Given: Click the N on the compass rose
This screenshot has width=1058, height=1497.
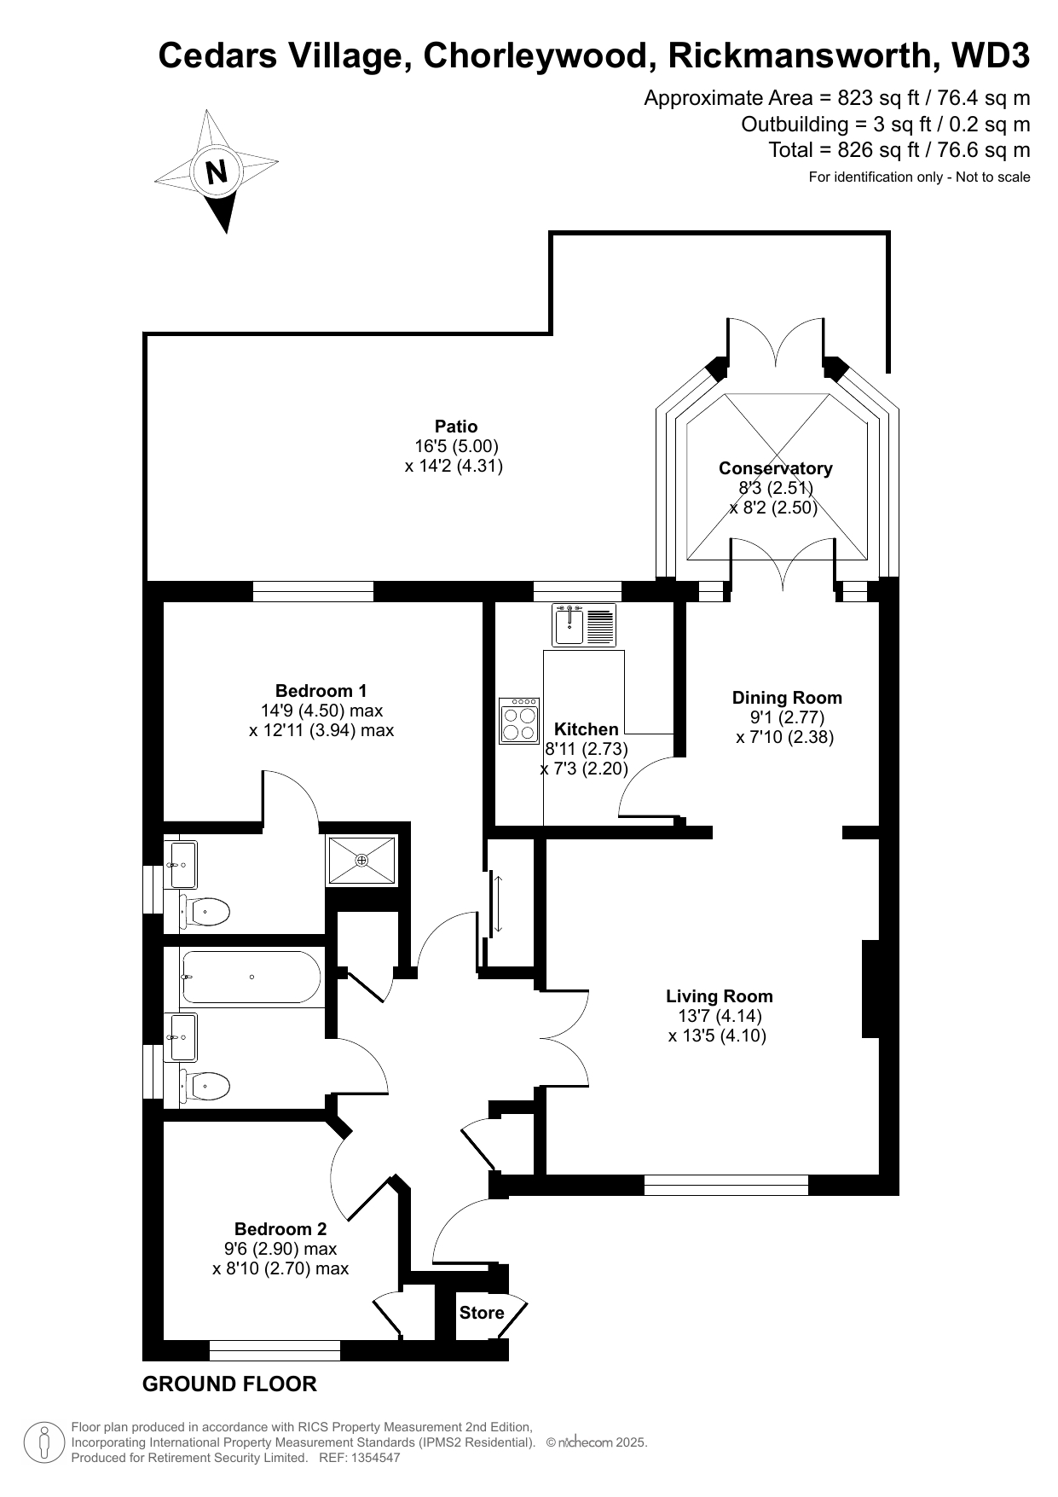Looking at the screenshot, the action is click(217, 172).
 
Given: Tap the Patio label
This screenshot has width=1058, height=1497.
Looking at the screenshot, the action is click(456, 426).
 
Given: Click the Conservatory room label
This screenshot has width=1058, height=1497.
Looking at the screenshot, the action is click(776, 468).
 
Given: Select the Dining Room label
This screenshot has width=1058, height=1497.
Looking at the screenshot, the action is click(787, 698).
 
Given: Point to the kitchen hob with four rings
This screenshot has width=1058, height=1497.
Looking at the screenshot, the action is click(519, 721).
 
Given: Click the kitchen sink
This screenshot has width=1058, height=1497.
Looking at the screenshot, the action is click(584, 624).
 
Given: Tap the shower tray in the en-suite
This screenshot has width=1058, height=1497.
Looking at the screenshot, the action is click(362, 861).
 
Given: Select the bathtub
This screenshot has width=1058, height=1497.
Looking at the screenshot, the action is click(251, 978).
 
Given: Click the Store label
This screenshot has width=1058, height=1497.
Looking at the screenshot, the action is click(482, 1313).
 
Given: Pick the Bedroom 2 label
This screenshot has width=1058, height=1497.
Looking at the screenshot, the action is click(280, 1229).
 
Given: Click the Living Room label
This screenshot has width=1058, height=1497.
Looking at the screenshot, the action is click(720, 996).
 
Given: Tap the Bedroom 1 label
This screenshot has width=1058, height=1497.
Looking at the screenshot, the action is click(321, 691).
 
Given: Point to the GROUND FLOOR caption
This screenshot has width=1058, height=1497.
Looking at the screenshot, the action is click(229, 1384).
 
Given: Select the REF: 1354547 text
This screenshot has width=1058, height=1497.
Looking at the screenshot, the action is click(359, 1458).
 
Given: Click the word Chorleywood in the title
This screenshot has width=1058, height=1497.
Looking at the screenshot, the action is click(535, 56).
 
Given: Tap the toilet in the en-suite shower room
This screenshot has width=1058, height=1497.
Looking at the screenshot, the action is click(205, 912).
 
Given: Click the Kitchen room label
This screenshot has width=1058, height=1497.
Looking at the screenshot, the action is click(587, 729).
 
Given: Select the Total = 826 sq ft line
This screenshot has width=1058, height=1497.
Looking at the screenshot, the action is click(899, 150).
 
